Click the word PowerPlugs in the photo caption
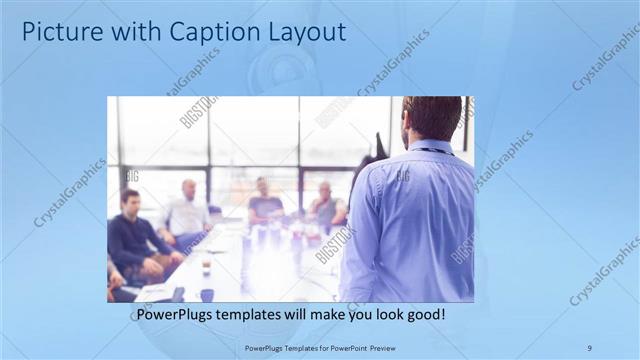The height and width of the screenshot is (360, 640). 176,315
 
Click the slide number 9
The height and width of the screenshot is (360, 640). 589,347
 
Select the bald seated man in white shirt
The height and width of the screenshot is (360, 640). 186,212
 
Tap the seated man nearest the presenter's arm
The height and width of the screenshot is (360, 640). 326,205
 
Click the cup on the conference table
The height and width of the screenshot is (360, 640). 206,267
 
